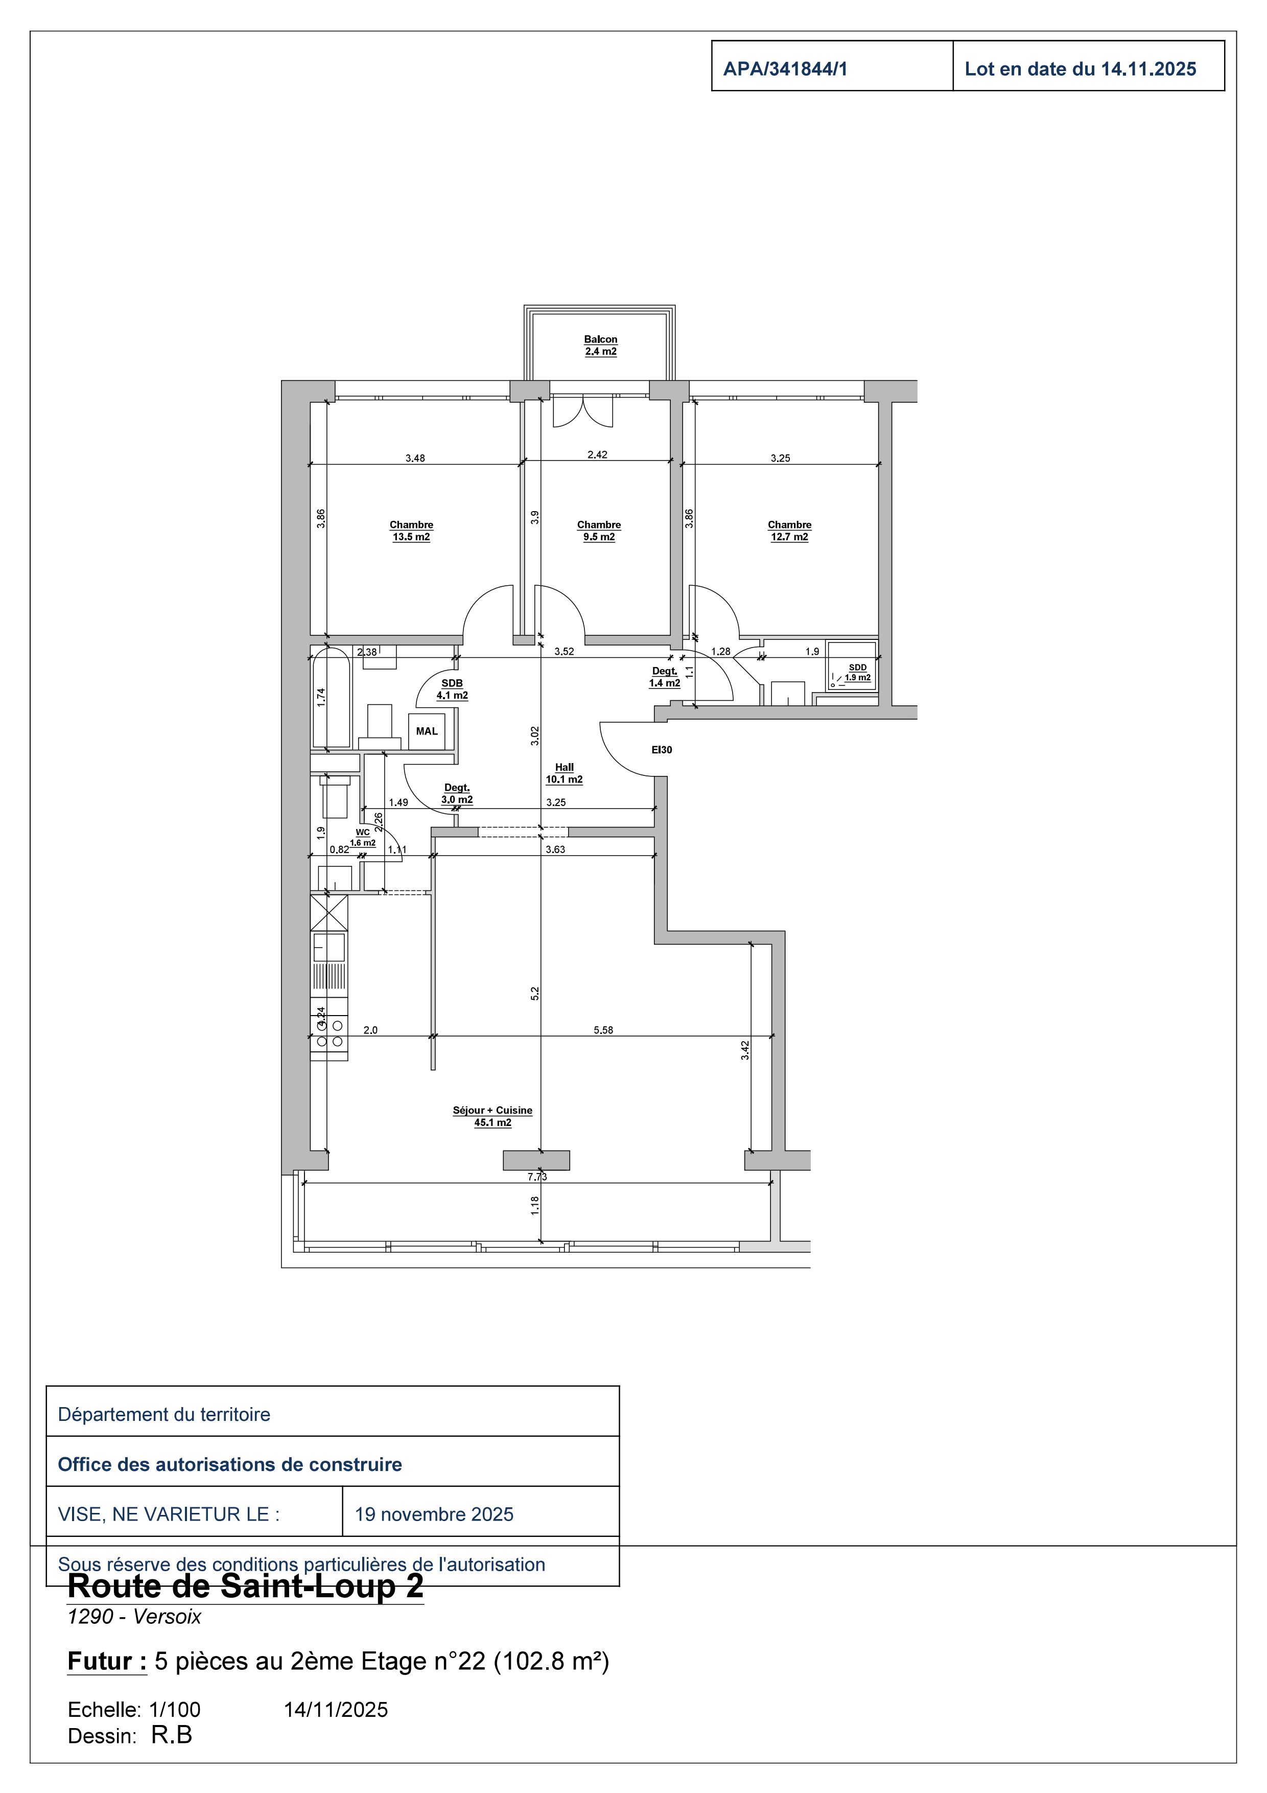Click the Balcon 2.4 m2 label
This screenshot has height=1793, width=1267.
click(600, 345)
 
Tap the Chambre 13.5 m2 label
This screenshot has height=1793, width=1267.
click(411, 531)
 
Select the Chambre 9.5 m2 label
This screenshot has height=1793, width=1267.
click(599, 531)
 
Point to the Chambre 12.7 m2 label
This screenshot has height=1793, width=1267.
click(789, 531)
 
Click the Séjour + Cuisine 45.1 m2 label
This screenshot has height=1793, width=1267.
click(492, 1116)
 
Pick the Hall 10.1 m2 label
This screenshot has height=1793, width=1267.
click(565, 773)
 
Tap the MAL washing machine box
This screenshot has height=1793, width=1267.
click(427, 732)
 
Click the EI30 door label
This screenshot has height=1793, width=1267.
click(662, 750)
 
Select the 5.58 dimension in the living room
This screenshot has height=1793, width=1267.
click(603, 1030)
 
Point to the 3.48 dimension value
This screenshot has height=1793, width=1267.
click(415, 458)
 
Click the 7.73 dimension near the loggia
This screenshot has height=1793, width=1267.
click(537, 1176)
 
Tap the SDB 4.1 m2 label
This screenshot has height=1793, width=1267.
click(452, 689)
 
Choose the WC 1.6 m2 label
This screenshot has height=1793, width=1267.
click(363, 838)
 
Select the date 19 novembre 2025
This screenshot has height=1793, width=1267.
click(434, 1514)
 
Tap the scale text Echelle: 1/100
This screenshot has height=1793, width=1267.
click(134, 1710)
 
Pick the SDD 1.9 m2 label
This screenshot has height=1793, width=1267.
click(857, 673)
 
